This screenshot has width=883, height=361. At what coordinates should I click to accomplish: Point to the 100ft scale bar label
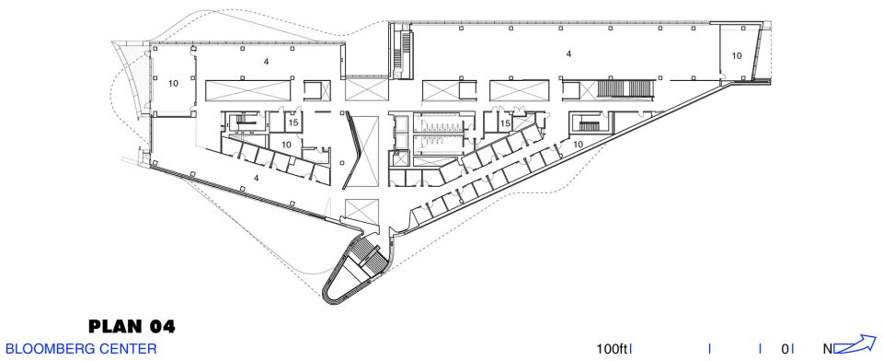tap(612, 349)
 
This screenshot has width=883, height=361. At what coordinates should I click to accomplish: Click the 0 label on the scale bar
tap(785, 349)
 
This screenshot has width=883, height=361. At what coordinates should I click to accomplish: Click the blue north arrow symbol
tap(854, 344)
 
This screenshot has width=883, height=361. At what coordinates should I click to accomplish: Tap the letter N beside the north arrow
tap(828, 349)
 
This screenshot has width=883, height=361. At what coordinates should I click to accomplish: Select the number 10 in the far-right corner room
tap(737, 55)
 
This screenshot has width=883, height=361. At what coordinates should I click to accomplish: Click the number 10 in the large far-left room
tap(173, 83)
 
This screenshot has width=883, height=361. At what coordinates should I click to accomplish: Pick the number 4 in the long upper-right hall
tap(568, 54)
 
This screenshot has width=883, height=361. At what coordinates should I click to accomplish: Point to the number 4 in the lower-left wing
tap(257, 178)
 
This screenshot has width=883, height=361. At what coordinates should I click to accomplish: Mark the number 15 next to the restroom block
tap(505, 123)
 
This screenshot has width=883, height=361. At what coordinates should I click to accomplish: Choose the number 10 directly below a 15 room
tap(286, 144)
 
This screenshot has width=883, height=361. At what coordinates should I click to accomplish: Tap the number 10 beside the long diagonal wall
tap(578, 144)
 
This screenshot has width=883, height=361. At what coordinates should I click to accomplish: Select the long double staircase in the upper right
tap(626, 89)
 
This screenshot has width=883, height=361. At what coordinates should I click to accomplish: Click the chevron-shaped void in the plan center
tap(361, 151)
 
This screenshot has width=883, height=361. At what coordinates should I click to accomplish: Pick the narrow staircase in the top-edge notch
tap(403, 52)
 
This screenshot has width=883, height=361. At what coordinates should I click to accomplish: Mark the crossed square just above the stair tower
tap(361, 212)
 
